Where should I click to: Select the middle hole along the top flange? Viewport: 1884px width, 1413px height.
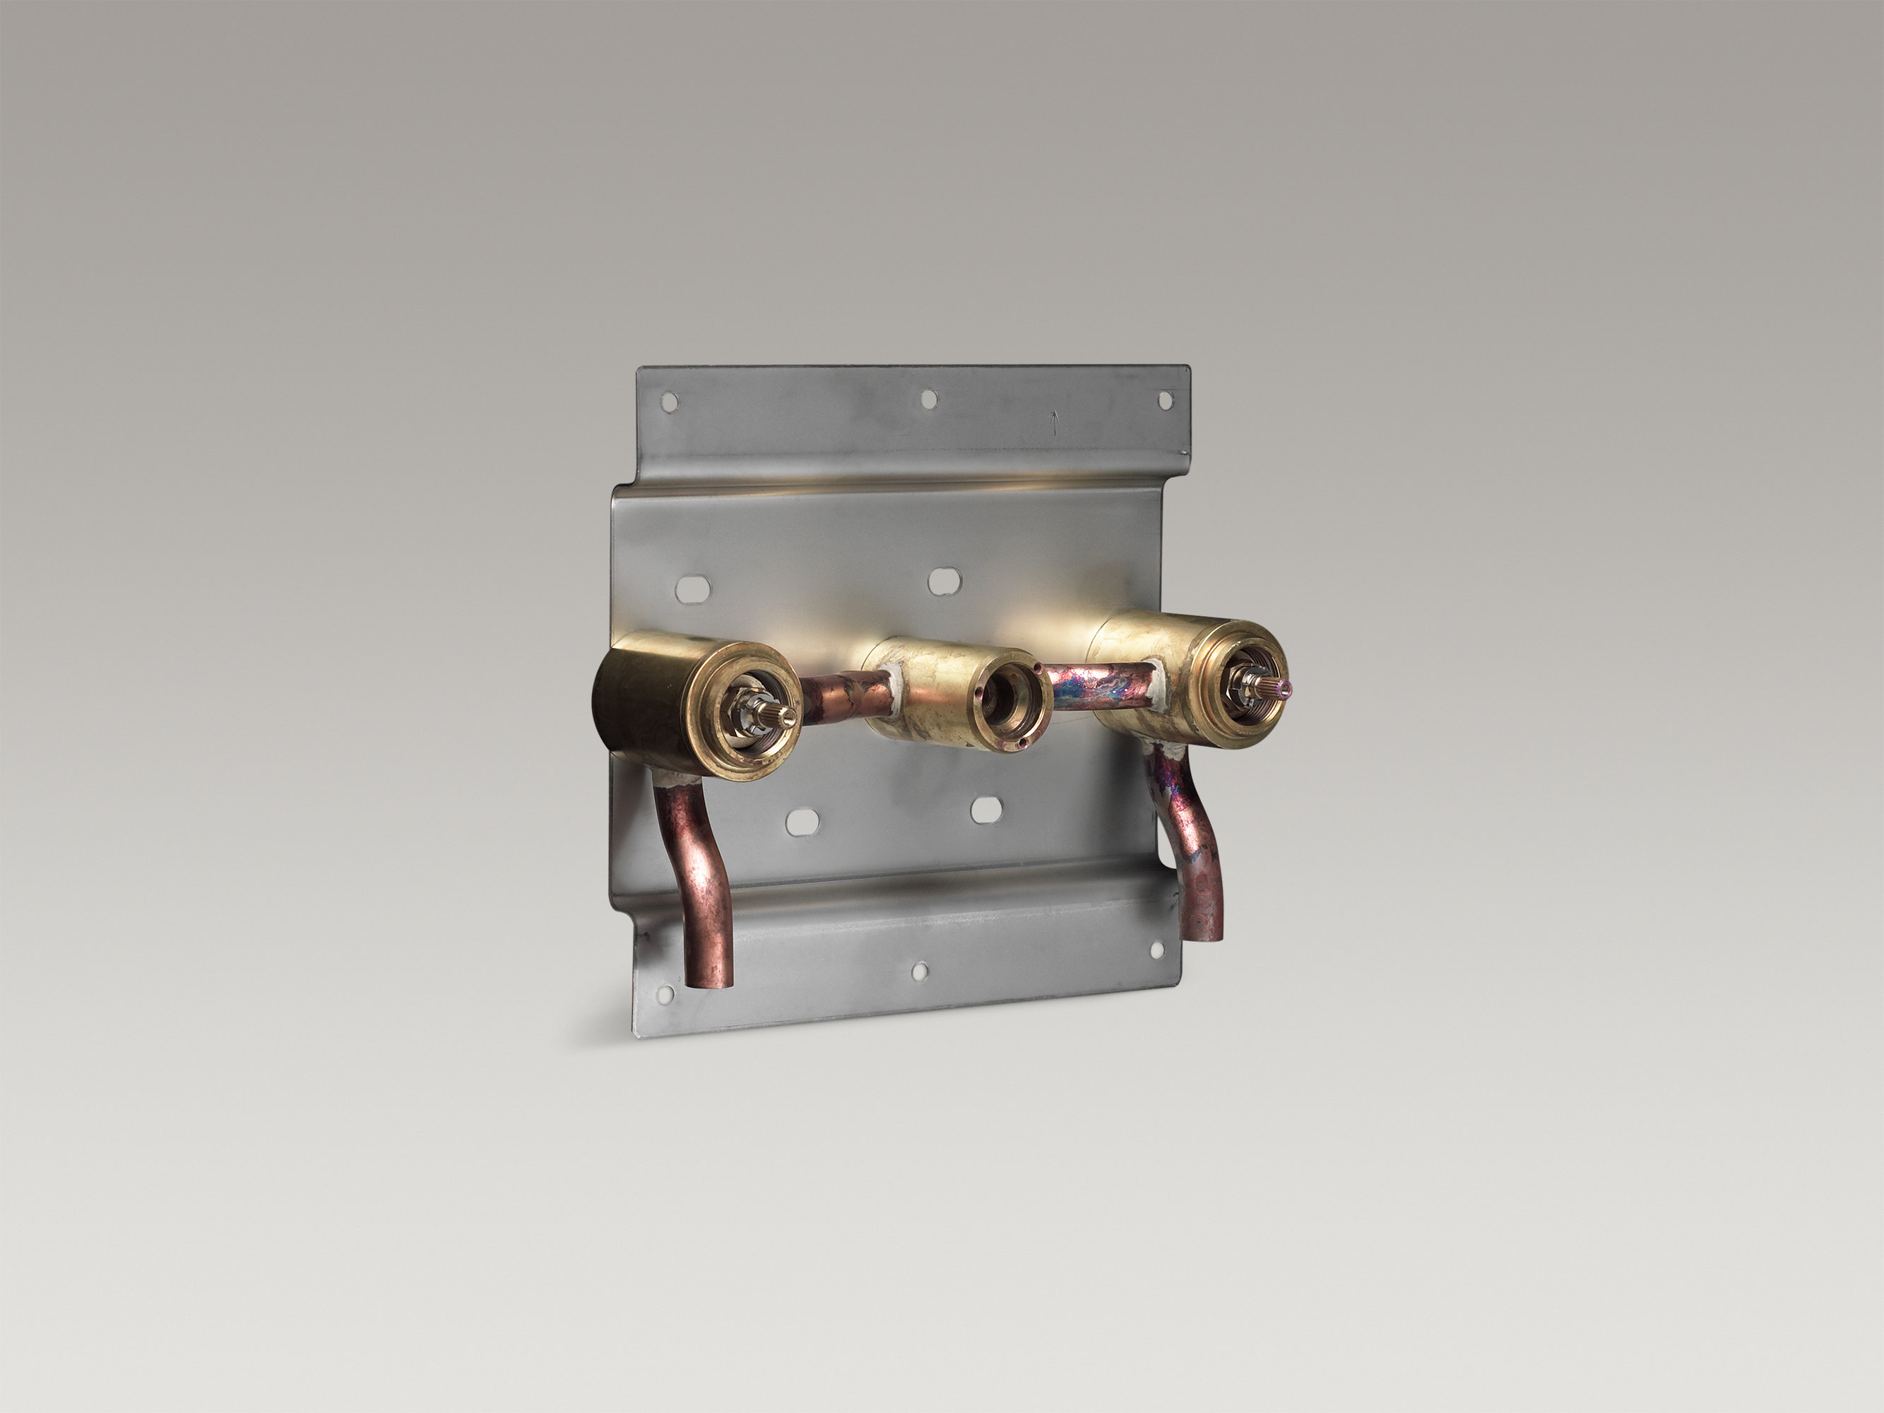928,398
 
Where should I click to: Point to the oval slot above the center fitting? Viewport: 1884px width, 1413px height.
940,581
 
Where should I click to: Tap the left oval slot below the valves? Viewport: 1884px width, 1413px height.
802,821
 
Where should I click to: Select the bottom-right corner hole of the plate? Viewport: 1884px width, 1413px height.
1156,948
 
